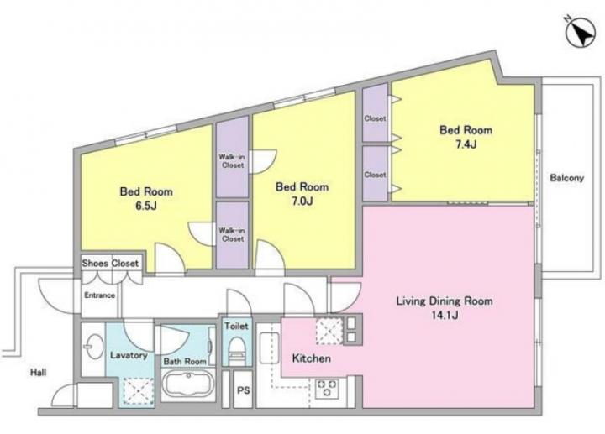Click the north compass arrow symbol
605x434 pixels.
(x=581, y=35)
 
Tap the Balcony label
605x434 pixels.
(x=567, y=178)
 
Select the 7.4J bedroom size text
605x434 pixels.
(x=466, y=144)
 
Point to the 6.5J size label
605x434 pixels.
(x=146, y=206)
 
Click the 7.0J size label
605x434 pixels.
(x=302, y=201)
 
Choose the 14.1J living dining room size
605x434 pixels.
(x=445, y=316)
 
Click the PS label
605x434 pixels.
(x=243, y=390)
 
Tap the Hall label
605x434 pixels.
(x=38, y=373)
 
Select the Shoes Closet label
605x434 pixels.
(x=110, y=264)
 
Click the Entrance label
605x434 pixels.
(x=99, y=295)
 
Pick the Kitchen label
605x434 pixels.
(x=312, y=358)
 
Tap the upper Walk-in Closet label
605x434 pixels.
(x=232, y=161)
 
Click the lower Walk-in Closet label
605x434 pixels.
(x=232, y=235)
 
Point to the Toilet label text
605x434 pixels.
(x=236, y=326)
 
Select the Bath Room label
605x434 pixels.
(x=184, y=362)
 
